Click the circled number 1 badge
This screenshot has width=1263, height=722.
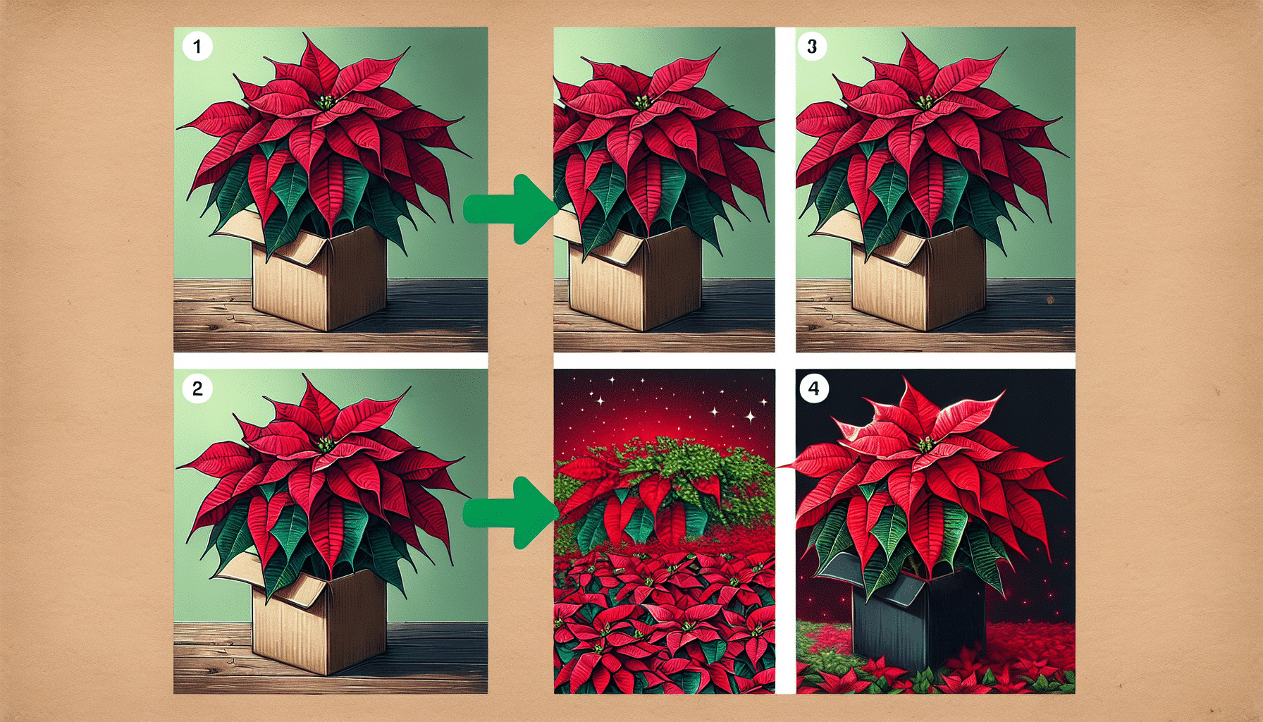[x=197, y=47]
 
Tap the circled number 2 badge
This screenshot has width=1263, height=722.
[x=197, y=388]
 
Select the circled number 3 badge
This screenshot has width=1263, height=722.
[x=812, y=47]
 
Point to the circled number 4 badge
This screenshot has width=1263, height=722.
[x=814, y=388]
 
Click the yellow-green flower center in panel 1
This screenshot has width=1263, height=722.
[x=326, y=102]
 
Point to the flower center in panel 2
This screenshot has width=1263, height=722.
[x=325, y=444]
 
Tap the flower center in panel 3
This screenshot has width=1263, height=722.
[x=924, y=102]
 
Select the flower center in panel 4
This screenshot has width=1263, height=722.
[x=925, y=444]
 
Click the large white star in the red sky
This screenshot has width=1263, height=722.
[x=750, y=417]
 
